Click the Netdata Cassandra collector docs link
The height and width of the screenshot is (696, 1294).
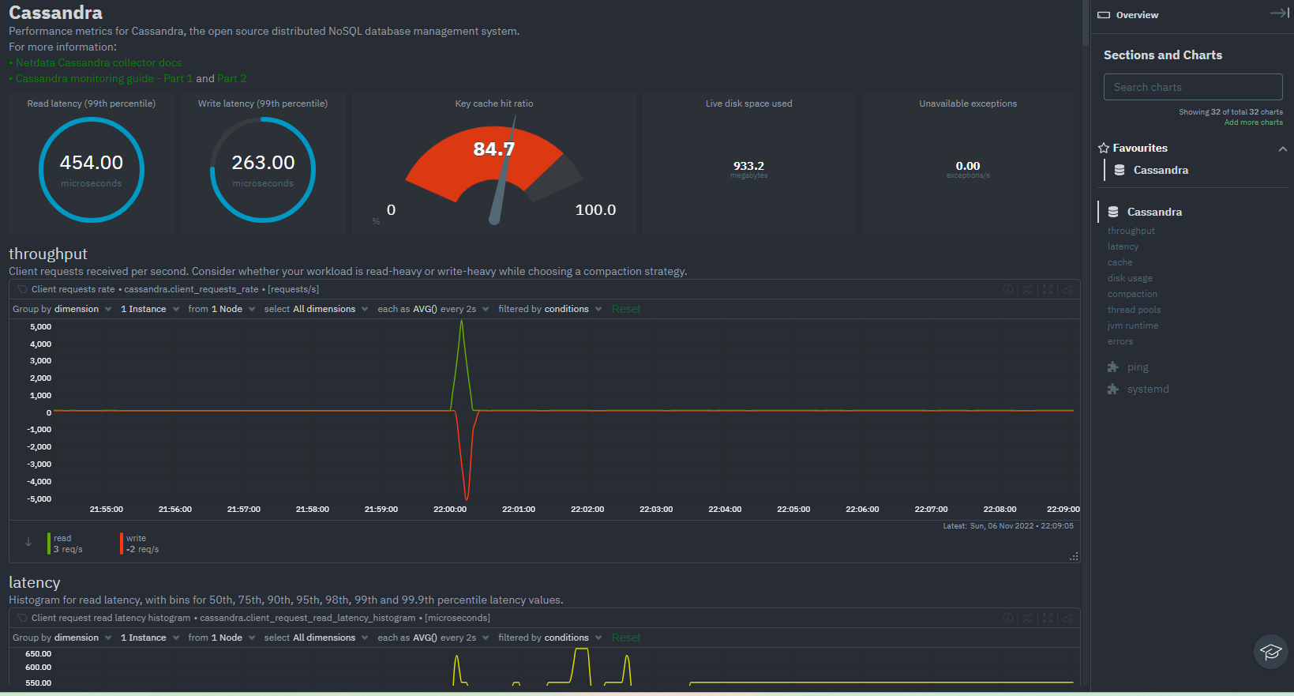pyautogui.click(x=99, y=62)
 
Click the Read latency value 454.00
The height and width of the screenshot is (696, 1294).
pyautogui.click(x=92, y=163)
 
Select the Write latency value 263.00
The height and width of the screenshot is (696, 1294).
pyautogui.click(x=263, y=163)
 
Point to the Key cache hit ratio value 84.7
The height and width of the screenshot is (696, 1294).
pyautogui.click(x=493, y=149)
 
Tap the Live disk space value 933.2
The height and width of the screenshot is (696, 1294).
pyautogui.click(x=748, y=166)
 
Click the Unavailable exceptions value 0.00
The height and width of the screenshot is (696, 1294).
pyautogui.click(x=968, y=166)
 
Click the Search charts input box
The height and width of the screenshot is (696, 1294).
pyautogui.click(x=1192, y=87)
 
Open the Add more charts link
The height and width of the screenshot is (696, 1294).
pyautogui.click(x=1253, y=122)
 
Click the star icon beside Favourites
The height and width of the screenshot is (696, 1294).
pyautogui.click(x=1104, y=148)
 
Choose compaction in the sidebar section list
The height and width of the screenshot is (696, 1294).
pyautogui.click(x=1132, y=294)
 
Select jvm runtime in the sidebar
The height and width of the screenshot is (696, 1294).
pyautogui.click(x=1133, y=325)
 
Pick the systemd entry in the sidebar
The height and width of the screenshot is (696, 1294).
pyautogui.click(x=1148, y=389)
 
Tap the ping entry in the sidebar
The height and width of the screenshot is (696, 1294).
pyautogui.click(x=1138, y=367)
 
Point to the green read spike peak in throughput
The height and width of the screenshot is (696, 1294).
pyautogui.click(x=462, y=322)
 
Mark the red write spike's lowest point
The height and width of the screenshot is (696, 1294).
pyautogui.click(x=467, y=498)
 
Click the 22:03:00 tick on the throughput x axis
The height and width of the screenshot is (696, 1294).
pyautogui.click(x=656, y=510)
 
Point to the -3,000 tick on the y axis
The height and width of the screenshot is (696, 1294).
pyautogui.click(x=39, y=465)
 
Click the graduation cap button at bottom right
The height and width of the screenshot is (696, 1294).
pyautogui.click(x=1270, y=652)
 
